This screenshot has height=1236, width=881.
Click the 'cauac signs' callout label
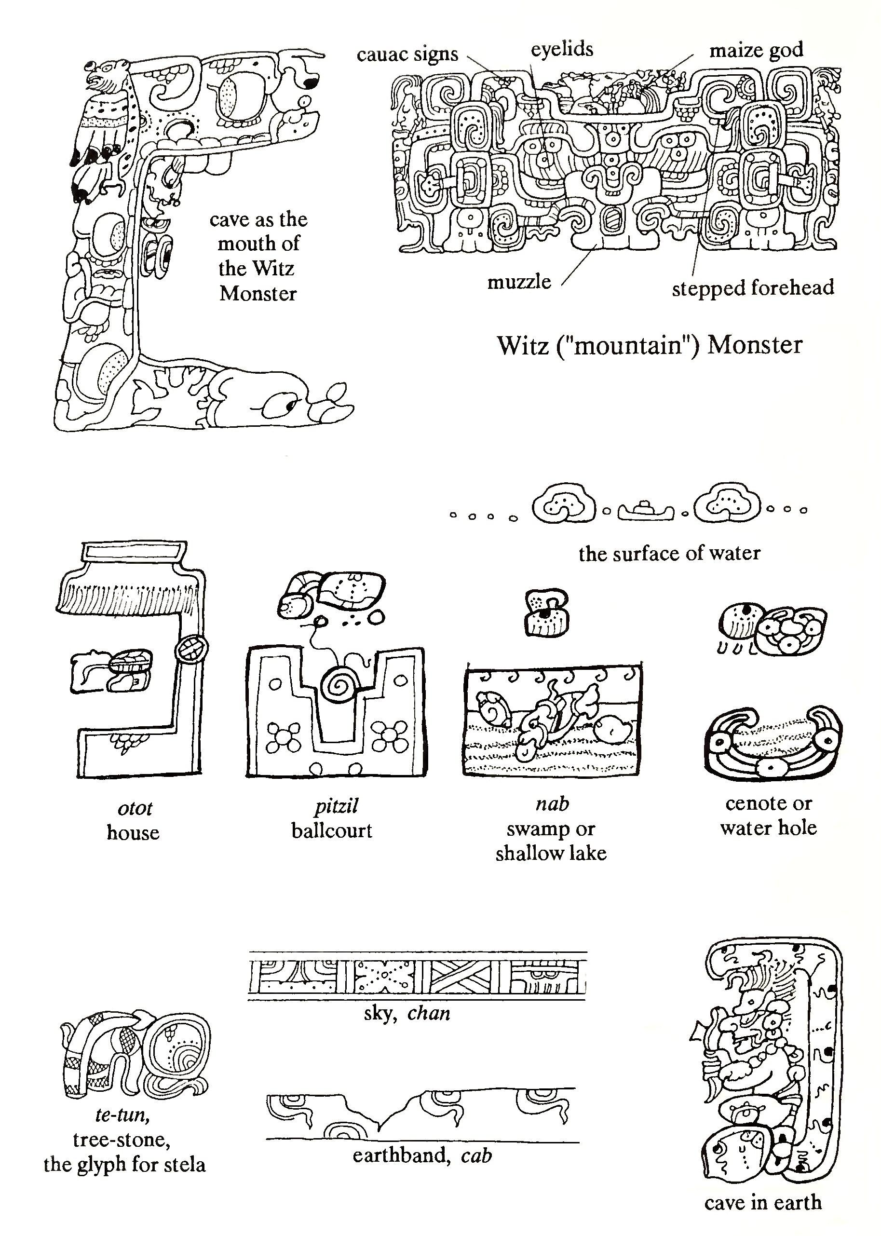(x=407, y=55)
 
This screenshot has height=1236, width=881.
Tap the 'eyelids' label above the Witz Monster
(x=562, y=50)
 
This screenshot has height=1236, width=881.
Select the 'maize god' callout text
(x=756, y=51)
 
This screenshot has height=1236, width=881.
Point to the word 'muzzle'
(x=519, y=282)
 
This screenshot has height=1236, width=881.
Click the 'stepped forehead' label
(x=753, y=287)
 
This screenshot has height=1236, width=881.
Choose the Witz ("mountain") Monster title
(x=650, y=345)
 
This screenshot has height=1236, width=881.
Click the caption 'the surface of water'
(x=669, y=554)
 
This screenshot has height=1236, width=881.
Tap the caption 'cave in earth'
(x=763, y=1202)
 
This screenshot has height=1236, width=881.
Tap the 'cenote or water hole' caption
(x=769, y=815)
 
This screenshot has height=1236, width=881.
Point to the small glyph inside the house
(x=111, y=672)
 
